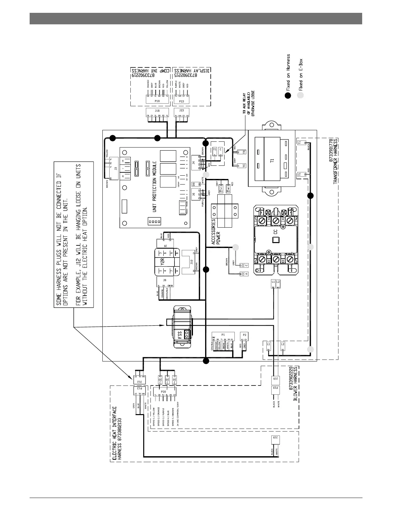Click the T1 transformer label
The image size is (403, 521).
[272, 161]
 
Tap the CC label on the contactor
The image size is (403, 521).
[276, 231]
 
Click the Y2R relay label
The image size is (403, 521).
[162, 262]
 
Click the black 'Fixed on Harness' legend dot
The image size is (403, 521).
[288, 95]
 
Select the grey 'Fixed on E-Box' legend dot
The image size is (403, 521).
[300, 95]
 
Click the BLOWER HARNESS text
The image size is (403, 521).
[295, 384]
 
